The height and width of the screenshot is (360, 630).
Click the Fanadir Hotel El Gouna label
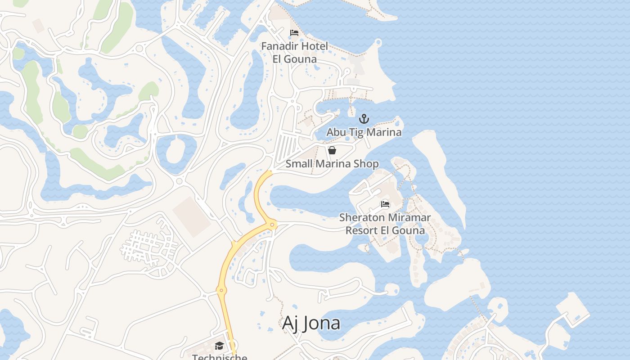point(294,52)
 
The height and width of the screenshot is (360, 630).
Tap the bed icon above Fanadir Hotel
point(294,33)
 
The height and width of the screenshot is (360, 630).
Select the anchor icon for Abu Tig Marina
point(364,119)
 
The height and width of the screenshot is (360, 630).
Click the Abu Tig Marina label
point(364,132)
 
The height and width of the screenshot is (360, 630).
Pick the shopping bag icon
point(332,150)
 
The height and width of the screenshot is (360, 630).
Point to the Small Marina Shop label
point(332,164)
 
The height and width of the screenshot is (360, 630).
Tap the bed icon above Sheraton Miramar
point(385,204)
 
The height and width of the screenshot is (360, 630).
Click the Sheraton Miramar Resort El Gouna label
point(385,224)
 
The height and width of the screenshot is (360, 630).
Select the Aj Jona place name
point(311,323)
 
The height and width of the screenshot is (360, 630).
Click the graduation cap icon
point(219,346)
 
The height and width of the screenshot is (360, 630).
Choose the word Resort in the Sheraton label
point(361,230)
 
